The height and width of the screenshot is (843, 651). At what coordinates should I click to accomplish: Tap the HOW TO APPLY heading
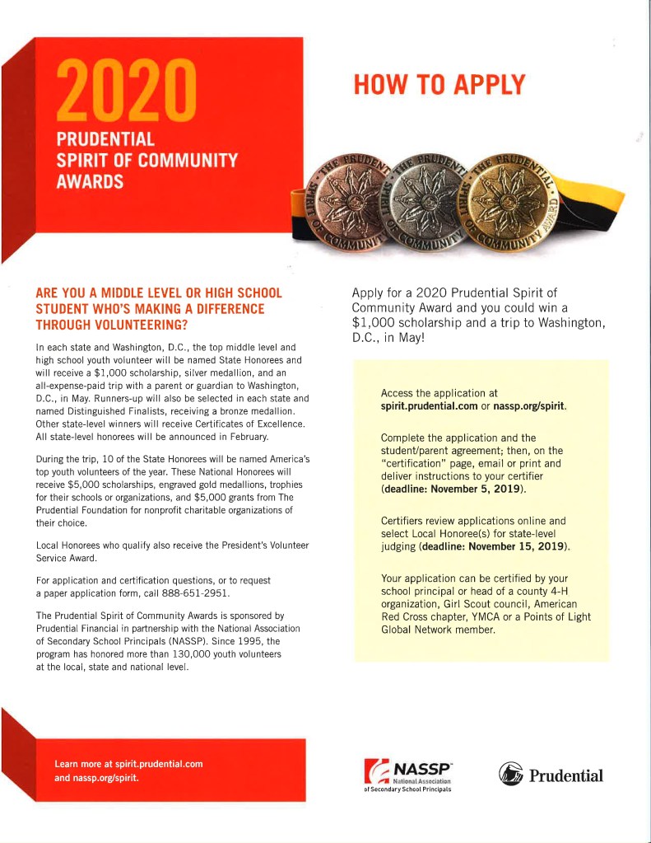point(438,84)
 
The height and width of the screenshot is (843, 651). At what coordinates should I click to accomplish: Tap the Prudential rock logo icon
point(510,775)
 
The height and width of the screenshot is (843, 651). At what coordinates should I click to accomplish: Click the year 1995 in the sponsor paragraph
point(244,641)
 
